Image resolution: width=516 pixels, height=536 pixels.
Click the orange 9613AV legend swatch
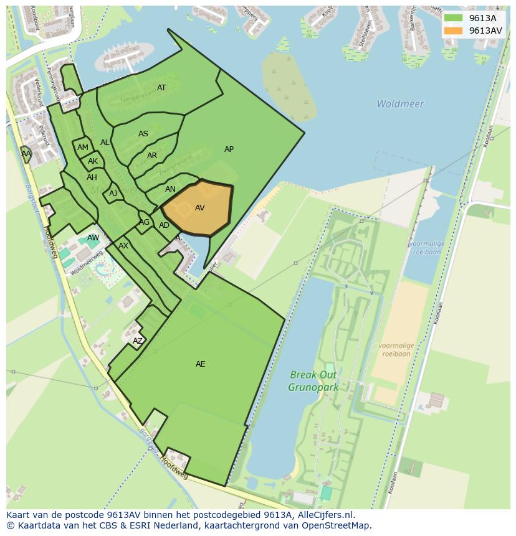pos(453,31)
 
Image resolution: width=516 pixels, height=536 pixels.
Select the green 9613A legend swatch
pos(453,18)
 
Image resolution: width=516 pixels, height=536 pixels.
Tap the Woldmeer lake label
pos(400,104)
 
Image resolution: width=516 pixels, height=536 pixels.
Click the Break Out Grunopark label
pos(313,381)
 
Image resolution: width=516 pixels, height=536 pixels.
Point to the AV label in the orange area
pos(199,208)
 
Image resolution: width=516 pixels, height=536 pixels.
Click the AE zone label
pos(200,364)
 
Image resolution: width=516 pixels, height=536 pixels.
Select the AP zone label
pos(229,149)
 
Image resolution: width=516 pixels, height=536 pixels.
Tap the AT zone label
pos(161,88)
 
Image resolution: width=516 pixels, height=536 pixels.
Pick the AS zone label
pos(143,134)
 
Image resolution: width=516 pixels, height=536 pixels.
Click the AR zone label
pos(152,156)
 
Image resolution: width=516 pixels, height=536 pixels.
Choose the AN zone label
pos(170,189)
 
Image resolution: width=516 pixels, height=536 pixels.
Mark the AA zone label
pos(26,153)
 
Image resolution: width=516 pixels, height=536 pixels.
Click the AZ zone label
pos(138,341)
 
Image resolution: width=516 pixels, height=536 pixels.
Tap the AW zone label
pos(93,238)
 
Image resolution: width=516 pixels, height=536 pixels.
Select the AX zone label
pos(123,246)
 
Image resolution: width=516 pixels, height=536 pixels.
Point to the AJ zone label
pos(113,194)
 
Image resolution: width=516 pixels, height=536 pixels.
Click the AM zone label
pos(83,148)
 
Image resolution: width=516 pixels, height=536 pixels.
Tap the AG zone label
pos(145,222)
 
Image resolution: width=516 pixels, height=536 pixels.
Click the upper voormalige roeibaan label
pos(426,248)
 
